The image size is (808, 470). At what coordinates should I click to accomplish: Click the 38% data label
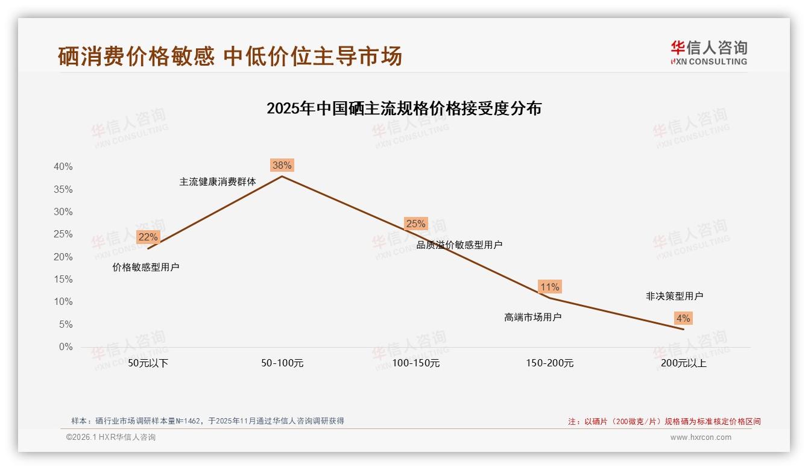(x=282, y=165)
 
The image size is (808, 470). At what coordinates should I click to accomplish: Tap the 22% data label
(x=148, y=237)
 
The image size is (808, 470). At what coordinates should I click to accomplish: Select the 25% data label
(x=415, y=224)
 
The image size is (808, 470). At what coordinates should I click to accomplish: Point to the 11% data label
(x=549, y=287)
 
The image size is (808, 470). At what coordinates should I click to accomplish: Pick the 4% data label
(x=683, y=318)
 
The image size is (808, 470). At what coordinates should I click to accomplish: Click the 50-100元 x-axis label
(x=282, y=363)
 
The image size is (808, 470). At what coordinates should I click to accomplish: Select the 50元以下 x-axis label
(x=148, y=363)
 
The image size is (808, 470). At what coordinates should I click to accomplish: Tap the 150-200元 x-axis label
(x=549, y=363)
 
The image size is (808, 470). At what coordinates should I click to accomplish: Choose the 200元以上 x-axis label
(x=683, y=363)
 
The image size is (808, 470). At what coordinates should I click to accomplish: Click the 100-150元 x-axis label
(x=415, y=363)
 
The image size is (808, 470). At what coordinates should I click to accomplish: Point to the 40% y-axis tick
(x=63, y=167)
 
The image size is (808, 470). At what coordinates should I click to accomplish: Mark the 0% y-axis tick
(x=65, y=347)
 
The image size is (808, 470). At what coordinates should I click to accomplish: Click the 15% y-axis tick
(x=63, y=280)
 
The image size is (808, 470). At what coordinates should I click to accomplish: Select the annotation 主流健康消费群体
(x=217, y=181)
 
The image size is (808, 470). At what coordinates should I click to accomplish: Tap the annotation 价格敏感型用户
(x=146, y=267)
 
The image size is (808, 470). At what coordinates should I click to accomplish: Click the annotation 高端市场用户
(x=532, y=317)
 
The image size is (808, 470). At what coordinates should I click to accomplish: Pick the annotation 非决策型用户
(x=674, y=296)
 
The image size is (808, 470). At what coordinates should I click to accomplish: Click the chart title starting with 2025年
(x=404, y=108)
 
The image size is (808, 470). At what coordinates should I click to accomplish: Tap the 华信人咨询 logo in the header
(x=709, y=52)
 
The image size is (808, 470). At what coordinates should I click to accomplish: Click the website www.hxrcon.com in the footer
(x=700, y=437)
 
